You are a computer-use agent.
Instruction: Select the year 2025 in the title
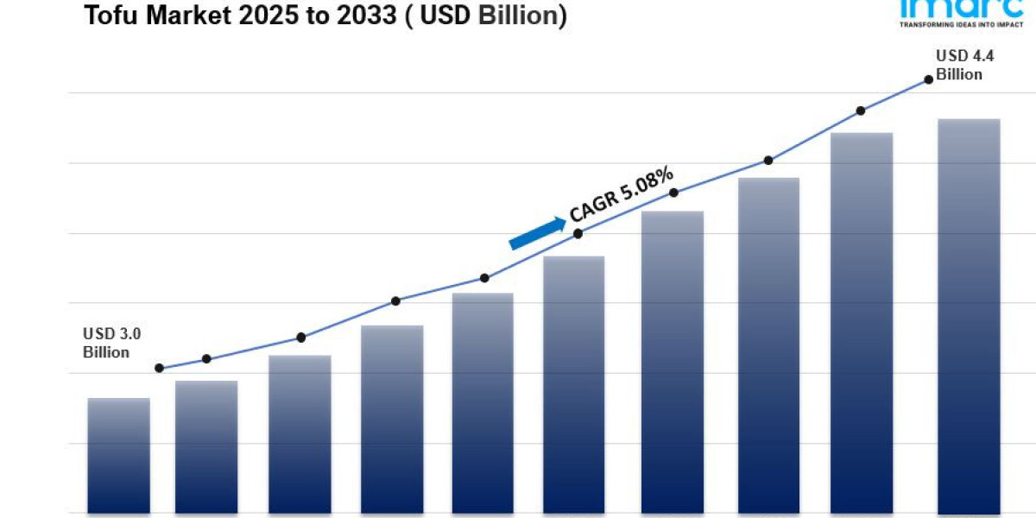point(250,15)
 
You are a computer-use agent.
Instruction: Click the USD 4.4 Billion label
point(959,65)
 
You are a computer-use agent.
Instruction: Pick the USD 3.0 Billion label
point(106,343)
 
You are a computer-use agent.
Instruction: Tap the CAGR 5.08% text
point(622,194)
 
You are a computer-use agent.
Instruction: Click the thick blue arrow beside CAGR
point(537,233)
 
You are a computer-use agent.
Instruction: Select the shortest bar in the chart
point(119,455)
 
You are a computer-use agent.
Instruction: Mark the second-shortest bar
point(206,446)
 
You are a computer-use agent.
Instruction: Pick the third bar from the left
point(300,433)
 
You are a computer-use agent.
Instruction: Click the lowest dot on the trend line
point(159,368)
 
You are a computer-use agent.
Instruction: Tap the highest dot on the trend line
point(929,79)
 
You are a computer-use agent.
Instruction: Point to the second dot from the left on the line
point(206,358)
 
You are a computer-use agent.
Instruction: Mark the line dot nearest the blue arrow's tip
point(578,233)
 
